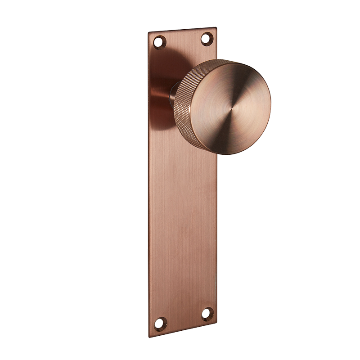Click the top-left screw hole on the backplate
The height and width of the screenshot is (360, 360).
click(x=159, y=42)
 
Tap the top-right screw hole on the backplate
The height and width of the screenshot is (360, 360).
click(x=207, y=39)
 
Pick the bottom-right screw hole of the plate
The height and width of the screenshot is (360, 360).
click(x=207, y=314)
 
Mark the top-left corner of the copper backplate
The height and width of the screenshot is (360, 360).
click(x=148, y=33)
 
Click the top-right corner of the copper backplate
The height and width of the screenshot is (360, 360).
click(x=216, y=28)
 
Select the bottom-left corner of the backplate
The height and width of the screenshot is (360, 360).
click(x=150, y=336)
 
